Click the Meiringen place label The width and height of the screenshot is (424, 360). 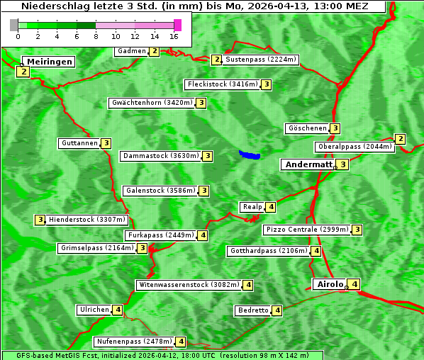(x=50, y=62)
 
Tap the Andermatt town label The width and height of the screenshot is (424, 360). (x=308, y=164)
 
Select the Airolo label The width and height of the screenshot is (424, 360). (x=330, y=284)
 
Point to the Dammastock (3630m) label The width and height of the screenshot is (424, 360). (x=160, y=156)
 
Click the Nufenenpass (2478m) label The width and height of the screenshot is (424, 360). (x=134, y=342)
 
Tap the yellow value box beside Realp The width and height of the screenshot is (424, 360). (x=271, y=207)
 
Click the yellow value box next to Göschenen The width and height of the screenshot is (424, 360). (x=335, y=128)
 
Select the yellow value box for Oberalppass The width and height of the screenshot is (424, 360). (x=400, y=139)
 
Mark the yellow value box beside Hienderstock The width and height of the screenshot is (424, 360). (x=40, y=220)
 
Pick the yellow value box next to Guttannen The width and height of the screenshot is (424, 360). (x=106, y=143)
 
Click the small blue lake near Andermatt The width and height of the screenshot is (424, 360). (x=250, y=154)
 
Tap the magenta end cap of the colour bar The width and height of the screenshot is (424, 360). (x=177, y=25)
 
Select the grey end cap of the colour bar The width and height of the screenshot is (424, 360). (x=14, y=25)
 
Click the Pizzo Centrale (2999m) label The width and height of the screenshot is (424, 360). (x=307, y=230)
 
